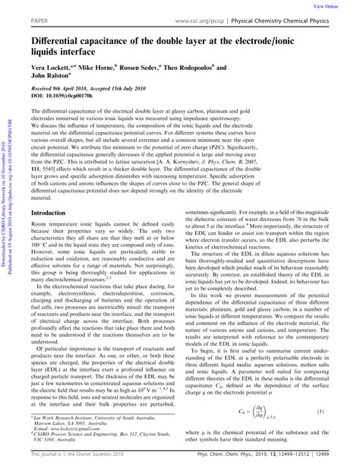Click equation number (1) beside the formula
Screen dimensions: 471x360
(x=339, y=412)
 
